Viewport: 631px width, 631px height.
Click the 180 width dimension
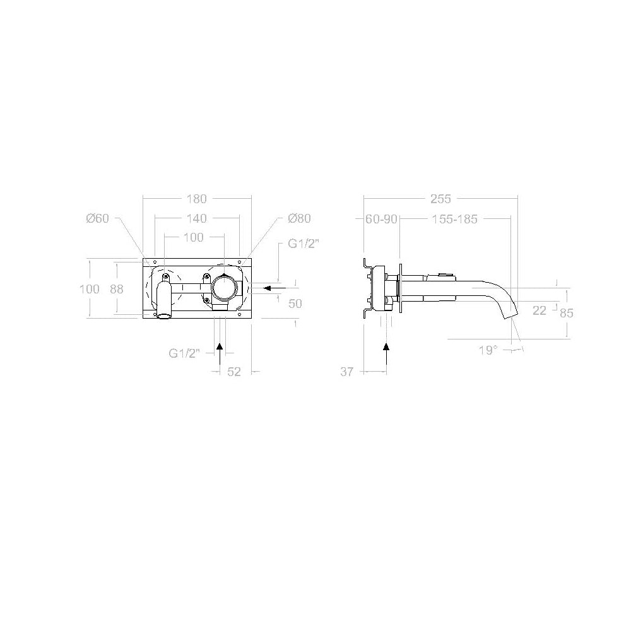click(197, 199)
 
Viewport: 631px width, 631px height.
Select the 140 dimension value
click(197, 218)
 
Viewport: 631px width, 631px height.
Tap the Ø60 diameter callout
click(98, 218)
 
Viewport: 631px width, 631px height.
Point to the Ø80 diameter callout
click(298, 218)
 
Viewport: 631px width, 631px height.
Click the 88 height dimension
click(116, 288)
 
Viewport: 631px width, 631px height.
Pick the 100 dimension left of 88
click(90, 288)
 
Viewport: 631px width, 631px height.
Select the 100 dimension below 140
click(193, 237)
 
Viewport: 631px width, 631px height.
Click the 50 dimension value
click(295, 304)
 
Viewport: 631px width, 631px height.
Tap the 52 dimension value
click(234, 372)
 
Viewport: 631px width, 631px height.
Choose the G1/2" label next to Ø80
click(302, 244)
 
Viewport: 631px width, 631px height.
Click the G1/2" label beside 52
click(185, 353)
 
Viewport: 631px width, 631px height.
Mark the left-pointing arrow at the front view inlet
click(273, 288)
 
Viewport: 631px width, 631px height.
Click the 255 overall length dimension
click(440, 199)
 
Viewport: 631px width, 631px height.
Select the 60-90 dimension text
click(381, 219)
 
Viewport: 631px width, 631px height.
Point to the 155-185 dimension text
click(454, 219)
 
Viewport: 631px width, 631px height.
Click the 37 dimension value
click(347, 372)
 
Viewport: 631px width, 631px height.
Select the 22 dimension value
click(540, 310)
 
